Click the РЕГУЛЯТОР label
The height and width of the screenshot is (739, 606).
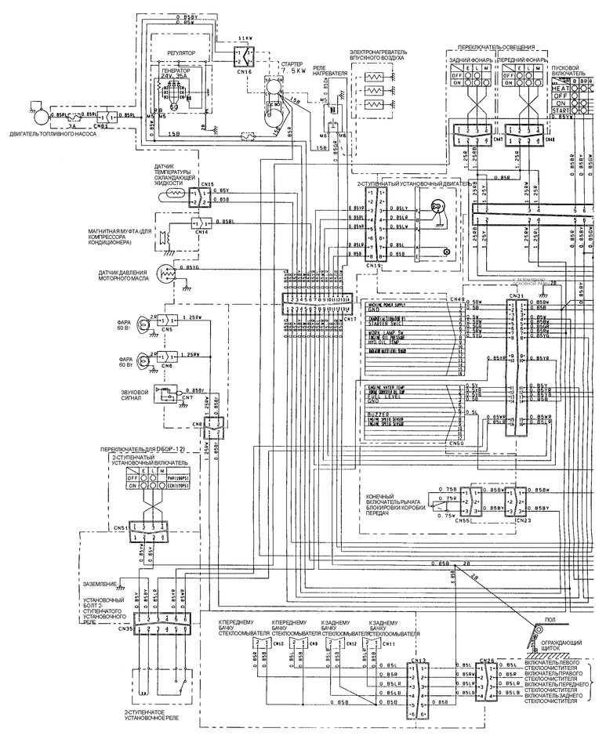[x=181, y=53]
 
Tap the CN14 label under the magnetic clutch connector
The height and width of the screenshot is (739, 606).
[x=201, y=232]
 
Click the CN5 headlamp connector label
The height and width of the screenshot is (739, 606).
[x=168, y=331]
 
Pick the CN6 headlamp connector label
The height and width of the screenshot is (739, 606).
[x=168, y=367]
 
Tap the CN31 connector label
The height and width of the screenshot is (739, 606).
[x=517, y=295]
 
